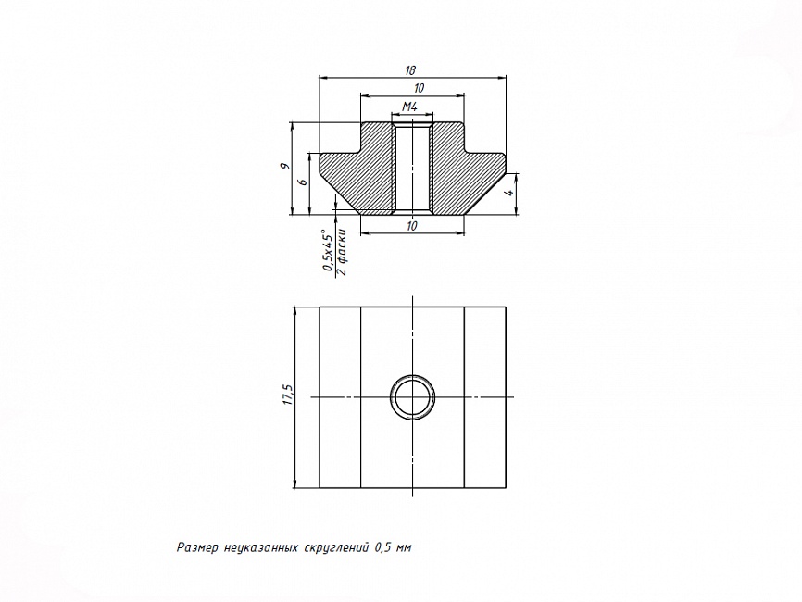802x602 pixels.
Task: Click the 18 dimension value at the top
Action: [x=409, y=70]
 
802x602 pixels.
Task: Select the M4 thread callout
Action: [x=409, y=107]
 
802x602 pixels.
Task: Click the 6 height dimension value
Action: [x=303, y=182]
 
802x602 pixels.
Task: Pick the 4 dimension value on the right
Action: [x=508, y=194]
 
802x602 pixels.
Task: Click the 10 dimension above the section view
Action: [x=419, y=89]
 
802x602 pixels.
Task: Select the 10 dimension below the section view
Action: [x=412, y=226]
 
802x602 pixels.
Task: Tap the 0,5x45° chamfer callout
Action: [x=327, y=251]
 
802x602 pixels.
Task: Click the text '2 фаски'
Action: [x=342, y=253]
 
